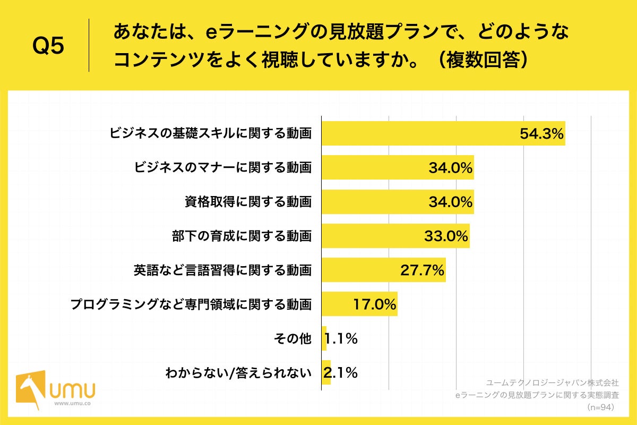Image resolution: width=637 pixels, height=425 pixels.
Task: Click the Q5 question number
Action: pyautogui.click(x=48, y=46)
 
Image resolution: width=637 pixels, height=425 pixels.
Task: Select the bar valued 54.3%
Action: pyautogui.click(x=419, y=133)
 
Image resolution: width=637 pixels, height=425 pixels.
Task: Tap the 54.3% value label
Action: pyautogui.click(x=541, y=134)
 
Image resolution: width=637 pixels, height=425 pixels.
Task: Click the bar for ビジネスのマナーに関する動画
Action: pyautogui.click(x=372, y=168)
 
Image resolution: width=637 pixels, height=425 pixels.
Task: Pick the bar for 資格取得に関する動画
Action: pyautogui.click(x=372, y=202)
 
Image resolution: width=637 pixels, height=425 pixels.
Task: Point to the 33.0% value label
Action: pyautogui.click(x=446, y=236)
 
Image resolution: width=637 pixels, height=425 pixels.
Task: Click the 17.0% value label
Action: pyautogui.click(x=375, y=304)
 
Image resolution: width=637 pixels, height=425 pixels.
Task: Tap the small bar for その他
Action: pyautogui.click(x=324, y=338)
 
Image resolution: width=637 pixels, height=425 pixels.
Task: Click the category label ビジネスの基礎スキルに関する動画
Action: pyautogui.click(x=210, y=134)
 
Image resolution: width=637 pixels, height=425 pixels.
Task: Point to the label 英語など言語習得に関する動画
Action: pyautogui.click(x=222, y=270)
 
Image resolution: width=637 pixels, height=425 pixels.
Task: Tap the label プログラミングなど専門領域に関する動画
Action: pyautogui.click(x=191, y=304)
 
